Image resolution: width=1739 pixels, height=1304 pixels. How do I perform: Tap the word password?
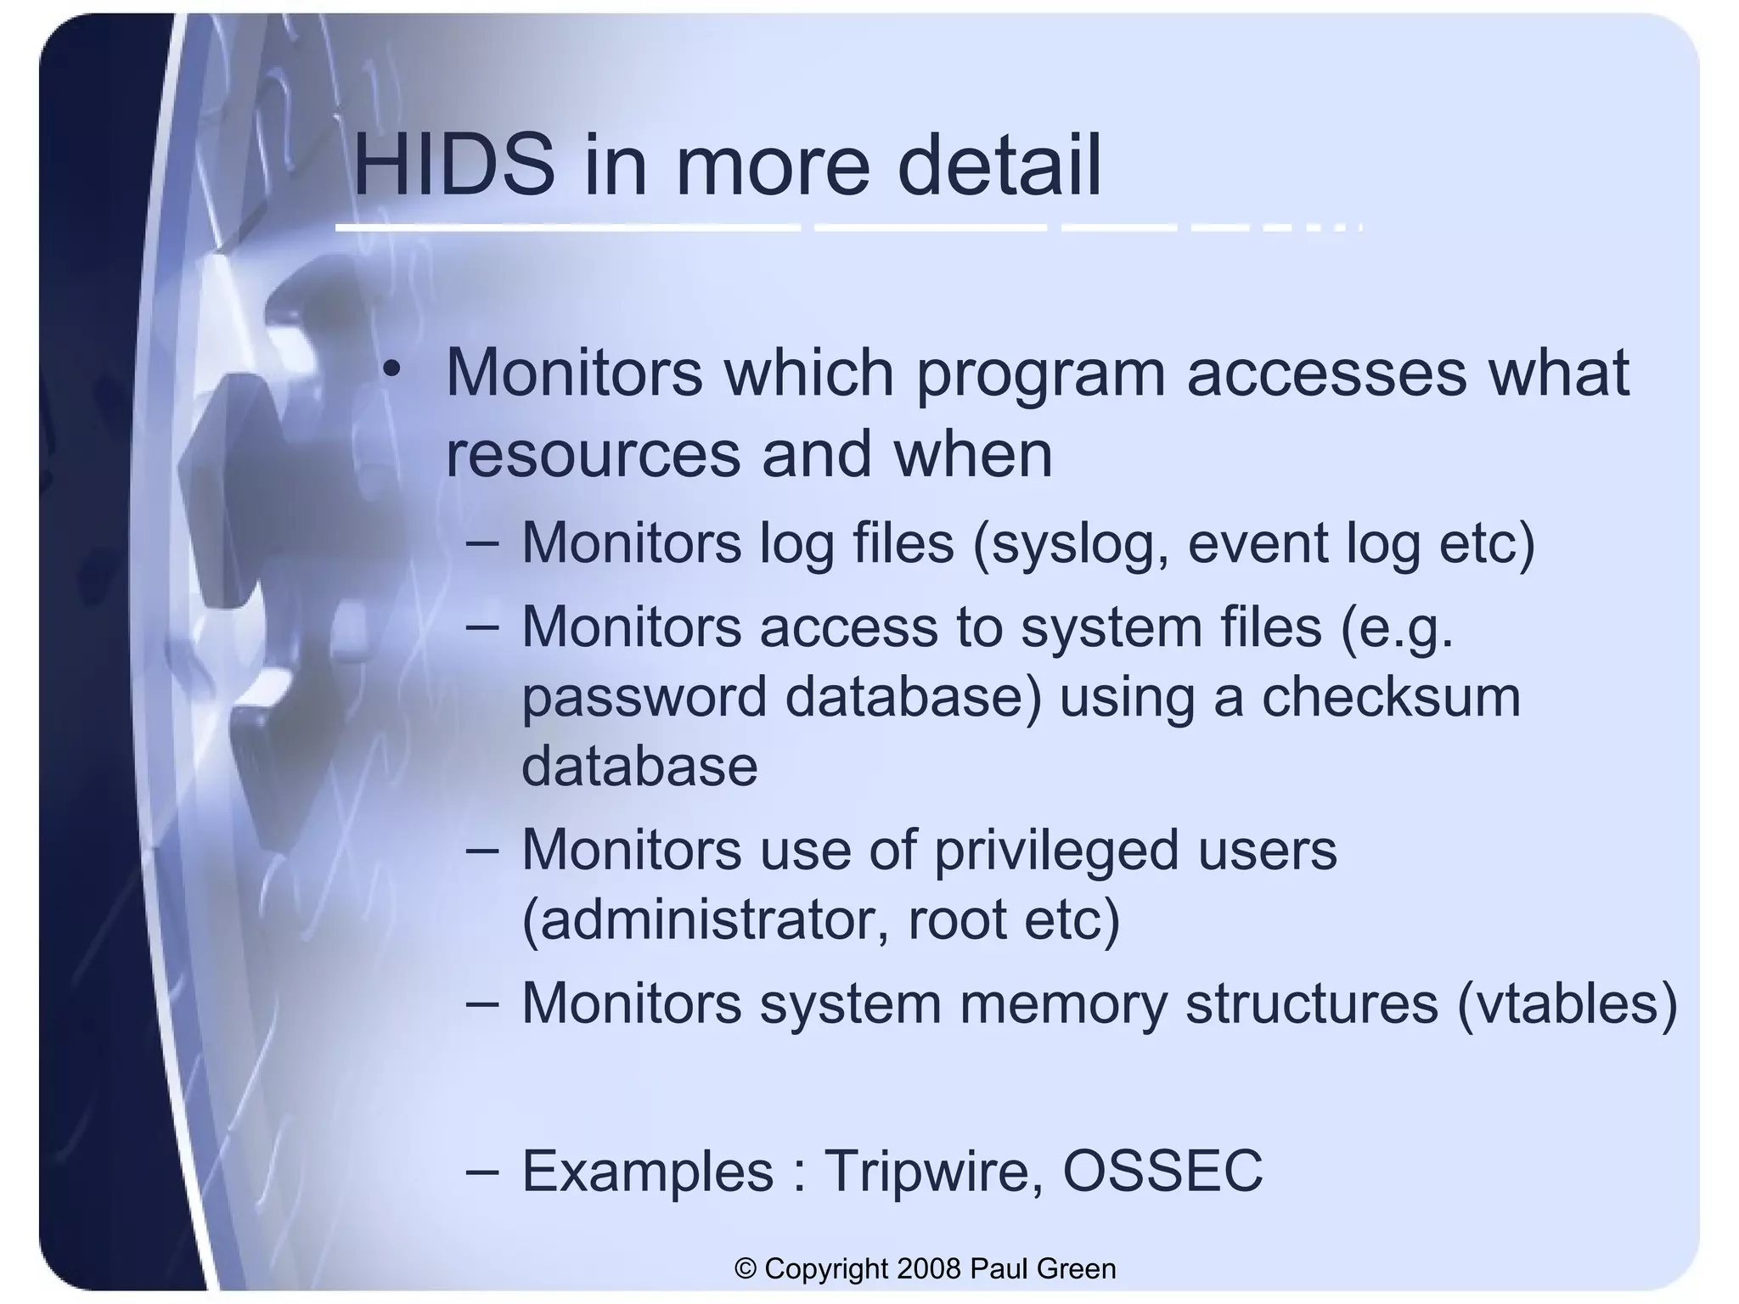click(644, 698)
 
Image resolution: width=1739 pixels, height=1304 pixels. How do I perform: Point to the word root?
click(957, 920)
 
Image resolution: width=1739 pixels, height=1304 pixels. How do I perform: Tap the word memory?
click(1063, 1003)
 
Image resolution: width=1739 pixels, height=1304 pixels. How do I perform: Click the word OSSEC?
click(1162, 1172)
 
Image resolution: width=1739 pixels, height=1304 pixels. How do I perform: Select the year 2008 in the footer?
click(929, 1269)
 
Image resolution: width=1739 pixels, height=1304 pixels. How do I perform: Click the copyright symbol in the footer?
click(745, 1269)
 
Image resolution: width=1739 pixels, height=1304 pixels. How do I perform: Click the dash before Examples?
click(482, 1172)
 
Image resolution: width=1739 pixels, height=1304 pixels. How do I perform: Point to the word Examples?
click(647, 1172)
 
